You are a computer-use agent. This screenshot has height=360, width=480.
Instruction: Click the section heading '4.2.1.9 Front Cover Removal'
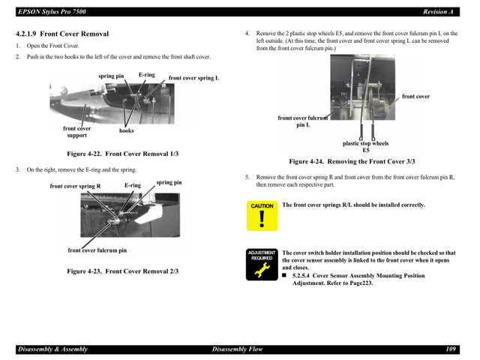point(63,34)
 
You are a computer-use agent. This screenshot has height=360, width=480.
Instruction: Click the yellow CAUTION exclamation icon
point(262,216)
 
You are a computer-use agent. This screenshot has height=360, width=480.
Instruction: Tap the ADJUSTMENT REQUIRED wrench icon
point(262,265)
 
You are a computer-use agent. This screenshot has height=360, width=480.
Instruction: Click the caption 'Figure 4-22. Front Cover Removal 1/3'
point(123,153)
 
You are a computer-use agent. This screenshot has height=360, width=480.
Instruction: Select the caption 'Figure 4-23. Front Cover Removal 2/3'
point(123,271)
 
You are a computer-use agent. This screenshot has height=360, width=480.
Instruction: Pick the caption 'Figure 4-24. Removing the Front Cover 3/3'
point(352,161)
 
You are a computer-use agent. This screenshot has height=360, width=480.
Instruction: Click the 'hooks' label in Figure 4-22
point(127,130)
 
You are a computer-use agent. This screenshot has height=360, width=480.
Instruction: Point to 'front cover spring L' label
point(193,78)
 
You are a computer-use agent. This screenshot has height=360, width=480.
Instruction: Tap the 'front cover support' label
point(76,132)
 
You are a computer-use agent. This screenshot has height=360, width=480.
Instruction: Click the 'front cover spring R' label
point(75,186)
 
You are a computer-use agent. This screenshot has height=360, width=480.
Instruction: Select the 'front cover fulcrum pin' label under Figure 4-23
point(97,250)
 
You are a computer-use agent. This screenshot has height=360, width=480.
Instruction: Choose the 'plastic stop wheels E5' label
point(365,146)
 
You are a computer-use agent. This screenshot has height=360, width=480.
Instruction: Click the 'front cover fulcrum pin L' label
point(303,121)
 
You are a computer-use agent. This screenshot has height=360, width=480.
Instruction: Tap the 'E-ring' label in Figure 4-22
point(146,74)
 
